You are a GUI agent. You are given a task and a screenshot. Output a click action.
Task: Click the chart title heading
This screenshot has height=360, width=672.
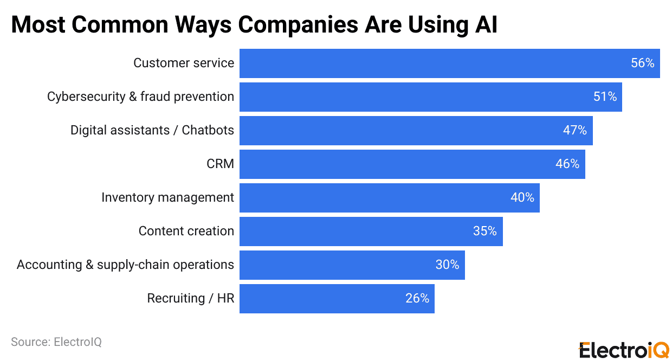[x=254, y=24]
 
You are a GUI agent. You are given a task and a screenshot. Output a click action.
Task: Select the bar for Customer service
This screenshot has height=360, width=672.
[x=434, y=63]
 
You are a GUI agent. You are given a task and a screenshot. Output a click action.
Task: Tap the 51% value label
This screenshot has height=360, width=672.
[x=605, y=97]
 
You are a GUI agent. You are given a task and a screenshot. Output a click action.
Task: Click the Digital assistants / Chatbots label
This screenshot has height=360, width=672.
[x=152, y=131]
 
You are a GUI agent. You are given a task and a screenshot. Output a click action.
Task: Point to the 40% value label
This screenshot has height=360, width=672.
[x=522, y=198]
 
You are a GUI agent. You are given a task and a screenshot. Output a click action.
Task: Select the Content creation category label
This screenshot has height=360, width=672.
[x=186, y=232]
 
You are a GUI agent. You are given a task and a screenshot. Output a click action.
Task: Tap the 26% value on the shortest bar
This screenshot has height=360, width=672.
[x=417, y=299]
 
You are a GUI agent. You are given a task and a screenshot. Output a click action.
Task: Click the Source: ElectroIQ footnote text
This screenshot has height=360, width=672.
[x=56, y=342]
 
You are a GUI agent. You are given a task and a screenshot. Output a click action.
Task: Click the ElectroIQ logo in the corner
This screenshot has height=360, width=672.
[x=624, y=350]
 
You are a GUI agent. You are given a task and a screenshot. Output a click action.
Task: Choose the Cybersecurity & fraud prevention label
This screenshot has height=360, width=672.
[x=140, y=97]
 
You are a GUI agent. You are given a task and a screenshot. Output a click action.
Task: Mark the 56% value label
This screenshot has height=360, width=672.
[x=642, y=63]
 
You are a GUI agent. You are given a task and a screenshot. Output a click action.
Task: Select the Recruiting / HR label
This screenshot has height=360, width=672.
[x=191, y=299]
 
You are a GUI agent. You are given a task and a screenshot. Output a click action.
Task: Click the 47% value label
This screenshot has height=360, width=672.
[x=575, y=131]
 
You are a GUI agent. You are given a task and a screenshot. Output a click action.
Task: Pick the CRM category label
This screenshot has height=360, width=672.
[x=220, y=164]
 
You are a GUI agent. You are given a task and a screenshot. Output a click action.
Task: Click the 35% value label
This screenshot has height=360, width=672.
[x=484, y=232]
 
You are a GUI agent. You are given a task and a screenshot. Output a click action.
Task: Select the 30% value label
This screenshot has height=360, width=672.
[x=447, y=265]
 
